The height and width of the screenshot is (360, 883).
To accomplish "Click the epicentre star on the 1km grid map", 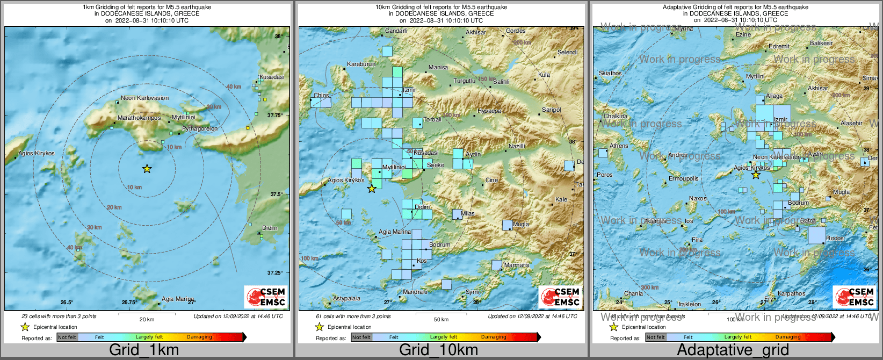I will [x=147, y=169].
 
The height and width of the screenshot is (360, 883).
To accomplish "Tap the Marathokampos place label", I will [x=139, y=118].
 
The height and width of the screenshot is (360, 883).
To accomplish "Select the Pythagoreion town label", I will [x=200, y=129].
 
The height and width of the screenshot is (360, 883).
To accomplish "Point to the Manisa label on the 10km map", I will [x=438, y=68].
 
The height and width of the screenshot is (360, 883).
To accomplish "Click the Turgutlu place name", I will [x=465, y=81].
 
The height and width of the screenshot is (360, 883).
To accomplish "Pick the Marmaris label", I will [x=517, y=265].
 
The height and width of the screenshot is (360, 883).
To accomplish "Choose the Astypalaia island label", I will [x=347, y=299].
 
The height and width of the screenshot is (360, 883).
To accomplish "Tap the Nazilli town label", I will [x=517, y=147].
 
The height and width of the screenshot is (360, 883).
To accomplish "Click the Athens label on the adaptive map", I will [x=619, y=146].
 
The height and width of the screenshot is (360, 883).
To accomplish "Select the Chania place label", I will [x=633, y=294].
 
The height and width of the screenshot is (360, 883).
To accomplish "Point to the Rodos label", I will [x=835, y=239].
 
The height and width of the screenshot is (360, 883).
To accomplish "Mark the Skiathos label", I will [x=610, y=74].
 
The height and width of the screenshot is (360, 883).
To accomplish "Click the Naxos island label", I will [x=698, y=199].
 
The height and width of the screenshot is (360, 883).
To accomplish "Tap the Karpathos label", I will [x=791, y=294].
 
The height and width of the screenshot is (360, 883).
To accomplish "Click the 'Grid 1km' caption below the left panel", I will [x=144, y=350].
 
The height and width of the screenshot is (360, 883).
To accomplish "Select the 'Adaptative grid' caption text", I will [x=733, y=350].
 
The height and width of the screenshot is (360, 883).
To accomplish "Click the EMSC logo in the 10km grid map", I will [x=560, y=297].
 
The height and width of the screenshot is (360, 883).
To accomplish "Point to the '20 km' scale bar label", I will [x=147, y=320].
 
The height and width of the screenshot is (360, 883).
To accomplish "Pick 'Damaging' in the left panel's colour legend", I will [x=199, y=337].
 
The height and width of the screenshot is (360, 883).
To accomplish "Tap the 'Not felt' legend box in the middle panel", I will [x=361, y=337].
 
